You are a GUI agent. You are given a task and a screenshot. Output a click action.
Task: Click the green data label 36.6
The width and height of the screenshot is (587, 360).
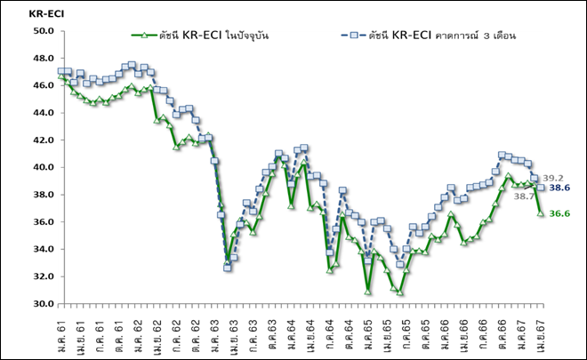pyautogui.click(x=560, y=214)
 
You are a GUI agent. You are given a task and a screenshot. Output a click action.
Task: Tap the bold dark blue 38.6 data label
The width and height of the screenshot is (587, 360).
pyautogui.click(x=560, y=188)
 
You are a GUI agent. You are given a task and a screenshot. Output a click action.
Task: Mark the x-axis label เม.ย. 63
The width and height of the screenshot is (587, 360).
pyautogui.click(x=232, y=332)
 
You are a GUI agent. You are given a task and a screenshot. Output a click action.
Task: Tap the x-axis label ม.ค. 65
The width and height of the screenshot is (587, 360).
pyautogui.click(x=366, y=332)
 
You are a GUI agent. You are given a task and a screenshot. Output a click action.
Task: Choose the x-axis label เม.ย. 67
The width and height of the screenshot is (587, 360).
pyautogui.click(x=538, y=332)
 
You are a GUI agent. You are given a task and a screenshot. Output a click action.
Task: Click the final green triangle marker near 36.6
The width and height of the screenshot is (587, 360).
pyautogui.click(x=540, y=213)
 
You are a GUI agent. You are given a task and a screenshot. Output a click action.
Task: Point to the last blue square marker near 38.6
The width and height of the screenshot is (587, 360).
pyautogui.click(x=540, y=187)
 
